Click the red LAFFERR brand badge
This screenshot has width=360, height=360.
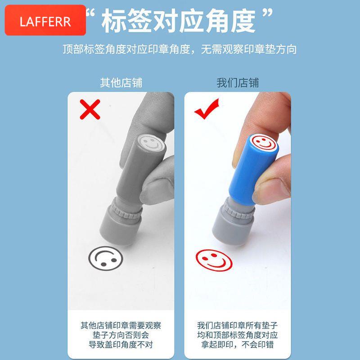click(45, 20)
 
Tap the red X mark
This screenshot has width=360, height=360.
click(90, 109)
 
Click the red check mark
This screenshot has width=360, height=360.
click(207, 109)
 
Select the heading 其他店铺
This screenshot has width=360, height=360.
click(121, 83)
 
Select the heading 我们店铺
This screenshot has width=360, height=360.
click(238, 83)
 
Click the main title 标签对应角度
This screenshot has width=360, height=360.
click(178, 21)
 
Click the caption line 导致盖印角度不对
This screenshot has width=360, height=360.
click(121, 345)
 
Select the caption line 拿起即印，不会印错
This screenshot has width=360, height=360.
click(238, 345)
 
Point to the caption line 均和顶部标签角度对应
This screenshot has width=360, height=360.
click(238, 335)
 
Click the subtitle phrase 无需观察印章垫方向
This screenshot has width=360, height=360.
click(249, 49)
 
